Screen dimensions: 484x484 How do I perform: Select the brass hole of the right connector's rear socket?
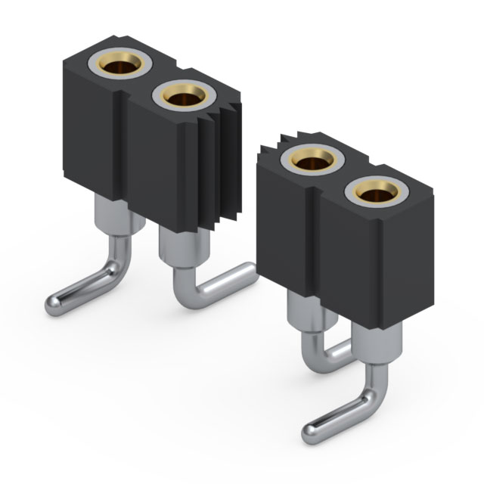[x=311, y=159]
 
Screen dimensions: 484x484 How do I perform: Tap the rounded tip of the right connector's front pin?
[x=310, y=434]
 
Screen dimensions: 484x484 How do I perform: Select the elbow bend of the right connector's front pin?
[x=371, y=396]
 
